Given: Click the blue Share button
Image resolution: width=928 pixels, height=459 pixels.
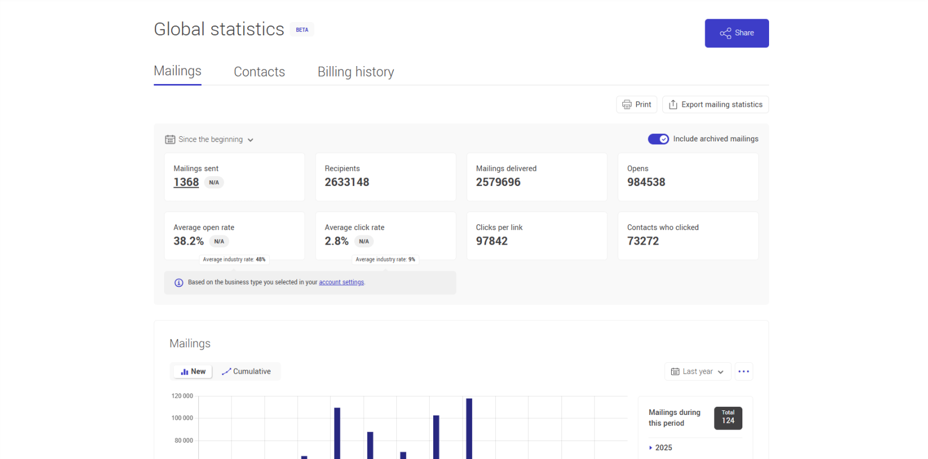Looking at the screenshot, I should click(x=737, y=33).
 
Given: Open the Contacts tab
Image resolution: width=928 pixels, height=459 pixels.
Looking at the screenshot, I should click(x=259, y=72).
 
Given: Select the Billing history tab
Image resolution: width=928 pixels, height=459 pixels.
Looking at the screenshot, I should click(x=356, y=72).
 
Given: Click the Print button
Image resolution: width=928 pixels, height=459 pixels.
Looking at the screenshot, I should click(x=636, y=104).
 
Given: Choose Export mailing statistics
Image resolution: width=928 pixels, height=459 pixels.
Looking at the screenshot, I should click(x=715, y=104).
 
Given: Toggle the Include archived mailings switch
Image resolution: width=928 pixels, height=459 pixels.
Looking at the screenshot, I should click(x=658, y=139).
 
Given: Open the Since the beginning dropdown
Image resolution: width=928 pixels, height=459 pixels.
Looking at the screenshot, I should click(x=210, y=140).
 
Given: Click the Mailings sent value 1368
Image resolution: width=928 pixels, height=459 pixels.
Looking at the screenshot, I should click(x=186, y=182).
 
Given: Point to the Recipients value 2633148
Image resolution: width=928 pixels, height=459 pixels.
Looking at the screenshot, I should click(x=347, y=182).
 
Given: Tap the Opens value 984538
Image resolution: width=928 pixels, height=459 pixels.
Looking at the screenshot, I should click(x=646, y=182).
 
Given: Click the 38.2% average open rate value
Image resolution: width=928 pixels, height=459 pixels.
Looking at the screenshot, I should click(x=188, y=241).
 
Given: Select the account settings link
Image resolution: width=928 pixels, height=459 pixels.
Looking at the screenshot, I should click(x=341, y=282).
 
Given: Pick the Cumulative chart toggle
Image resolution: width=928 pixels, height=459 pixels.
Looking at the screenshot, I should click(x=246, y=371).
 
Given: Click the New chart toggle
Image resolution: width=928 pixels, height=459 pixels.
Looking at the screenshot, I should click(x=193, y=371).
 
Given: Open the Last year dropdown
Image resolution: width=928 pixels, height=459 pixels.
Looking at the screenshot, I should click(x=697, y=371).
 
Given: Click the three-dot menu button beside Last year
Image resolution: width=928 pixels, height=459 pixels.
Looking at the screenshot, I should click(x=744, y=371).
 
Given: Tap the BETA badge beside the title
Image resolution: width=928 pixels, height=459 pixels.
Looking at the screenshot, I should click(x=302, y=30).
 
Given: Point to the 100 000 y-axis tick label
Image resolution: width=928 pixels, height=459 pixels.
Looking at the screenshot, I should click(x=182, y=418).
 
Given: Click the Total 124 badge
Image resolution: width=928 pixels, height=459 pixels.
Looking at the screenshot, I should click(x=728, y=418).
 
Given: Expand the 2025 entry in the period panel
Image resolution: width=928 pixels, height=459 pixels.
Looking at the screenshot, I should click(x=661, y=447).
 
